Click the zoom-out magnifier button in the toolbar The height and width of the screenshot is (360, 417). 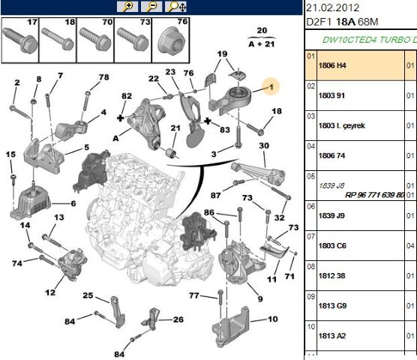coord(152,7)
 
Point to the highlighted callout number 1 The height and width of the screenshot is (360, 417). coord(271,86)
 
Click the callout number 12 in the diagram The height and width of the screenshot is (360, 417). coord(50,292)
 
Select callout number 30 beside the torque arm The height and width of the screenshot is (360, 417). coord(263,145)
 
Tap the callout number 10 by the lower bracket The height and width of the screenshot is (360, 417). coord(271,319)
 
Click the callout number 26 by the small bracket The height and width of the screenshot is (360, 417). coord(178,319)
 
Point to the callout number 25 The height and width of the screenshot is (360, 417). coord(88,295)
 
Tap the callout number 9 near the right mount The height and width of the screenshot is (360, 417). coord(259,299)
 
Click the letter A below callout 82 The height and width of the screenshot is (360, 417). coord(115,138)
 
